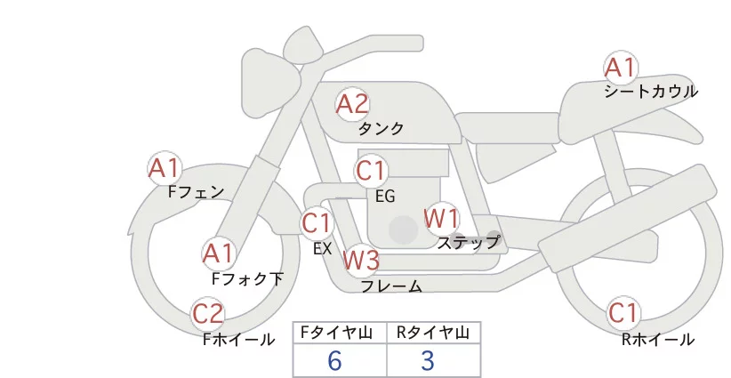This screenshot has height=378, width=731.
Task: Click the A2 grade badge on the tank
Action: click(x=352, y=104)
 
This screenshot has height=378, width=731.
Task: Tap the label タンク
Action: click(x=381, y=129)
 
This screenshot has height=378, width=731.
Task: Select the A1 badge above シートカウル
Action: click(x=621, y=68)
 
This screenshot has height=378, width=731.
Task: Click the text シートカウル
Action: click(x=651, y=92)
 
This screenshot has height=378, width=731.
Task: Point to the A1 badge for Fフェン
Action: click(x=165, y=167)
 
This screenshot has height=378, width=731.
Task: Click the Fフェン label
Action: click(x=196, y=191)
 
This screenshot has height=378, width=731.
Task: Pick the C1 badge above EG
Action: click(x=371, y=170)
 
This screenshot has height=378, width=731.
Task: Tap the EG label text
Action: click(x=385, y=196)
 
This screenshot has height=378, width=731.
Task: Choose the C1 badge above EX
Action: click(x=317, y=222)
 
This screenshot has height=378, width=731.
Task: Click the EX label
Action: click(x=322, y=249)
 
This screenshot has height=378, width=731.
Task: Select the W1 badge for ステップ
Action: click(x=441, y=217)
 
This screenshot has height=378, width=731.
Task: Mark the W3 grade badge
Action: click(x=361, y=261)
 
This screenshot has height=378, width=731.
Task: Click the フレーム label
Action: click(x=391, y=286)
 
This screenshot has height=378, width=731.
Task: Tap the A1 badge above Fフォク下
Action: click(x=219, y=253)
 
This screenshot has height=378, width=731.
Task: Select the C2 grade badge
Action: click(x=209, y=314)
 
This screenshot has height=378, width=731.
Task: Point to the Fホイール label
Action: click(x=238, y=339)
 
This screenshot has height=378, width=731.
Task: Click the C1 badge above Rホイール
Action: click(x=623, y=313)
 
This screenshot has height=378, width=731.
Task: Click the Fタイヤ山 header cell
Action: click(x=341, y=333)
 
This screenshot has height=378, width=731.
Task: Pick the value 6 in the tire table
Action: click(x=335, y=360)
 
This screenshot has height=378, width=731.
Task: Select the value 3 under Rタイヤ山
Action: click(x=428, y=360)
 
